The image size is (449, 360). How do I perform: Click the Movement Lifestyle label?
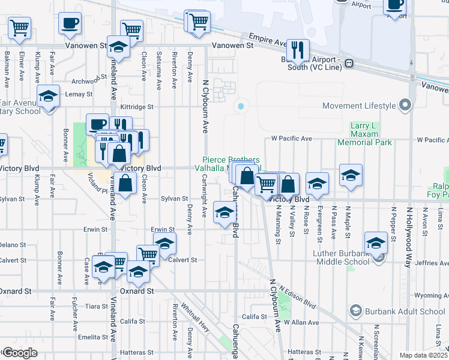tap(359, 106)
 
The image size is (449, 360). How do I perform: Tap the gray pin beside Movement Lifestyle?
tap(405, 106)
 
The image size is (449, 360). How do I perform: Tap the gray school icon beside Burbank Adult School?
tap(356, 311)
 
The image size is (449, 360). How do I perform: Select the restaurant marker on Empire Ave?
tap(297, 49)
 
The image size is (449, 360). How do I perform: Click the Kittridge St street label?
tap(137, 107)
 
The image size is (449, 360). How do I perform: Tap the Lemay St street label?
tap(79, 94)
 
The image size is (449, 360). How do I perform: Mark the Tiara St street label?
tap(97, 306)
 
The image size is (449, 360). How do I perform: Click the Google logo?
tap(19, 353)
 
